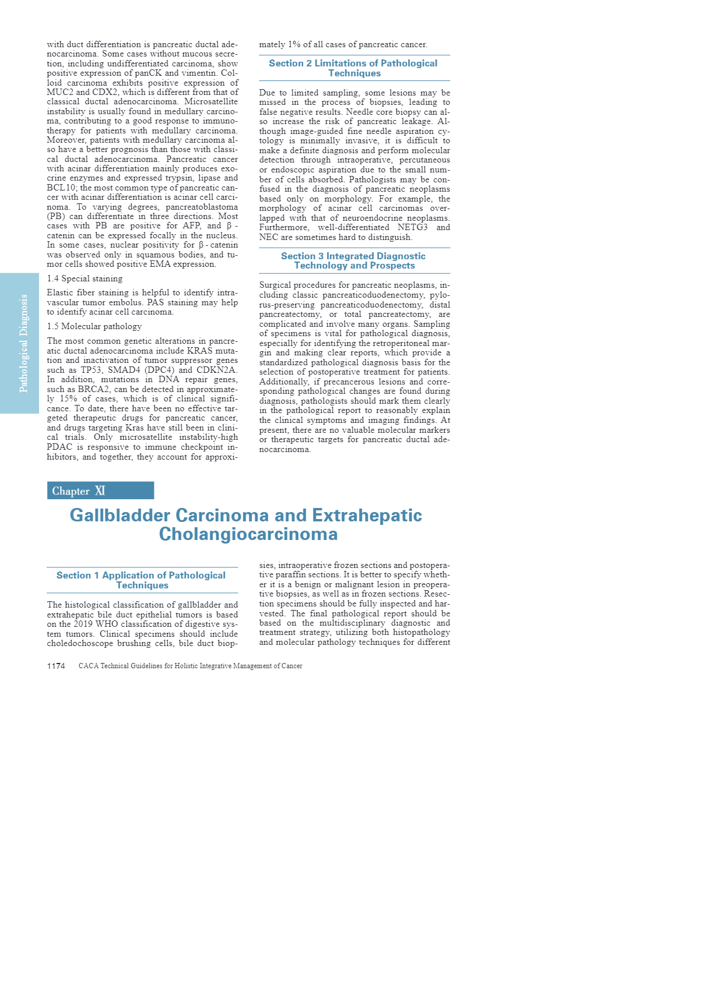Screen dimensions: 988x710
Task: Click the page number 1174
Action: click(56, 666)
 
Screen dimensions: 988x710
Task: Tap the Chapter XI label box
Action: click(100, 491)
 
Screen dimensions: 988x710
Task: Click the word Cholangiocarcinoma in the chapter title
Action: click(248, 534)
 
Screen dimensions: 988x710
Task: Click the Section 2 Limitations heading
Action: click(354, 68)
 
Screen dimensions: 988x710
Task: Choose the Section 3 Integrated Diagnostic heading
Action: click(354, 260)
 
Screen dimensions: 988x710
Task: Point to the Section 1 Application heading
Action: click(142, 580)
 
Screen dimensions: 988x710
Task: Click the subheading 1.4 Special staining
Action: click(85, 278)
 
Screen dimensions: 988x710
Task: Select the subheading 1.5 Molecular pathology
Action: click(94, 326)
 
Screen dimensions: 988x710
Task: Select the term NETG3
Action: click(413, 227)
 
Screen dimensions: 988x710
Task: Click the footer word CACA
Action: click(89, 666)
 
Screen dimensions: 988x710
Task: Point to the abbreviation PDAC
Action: click(59, 447)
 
